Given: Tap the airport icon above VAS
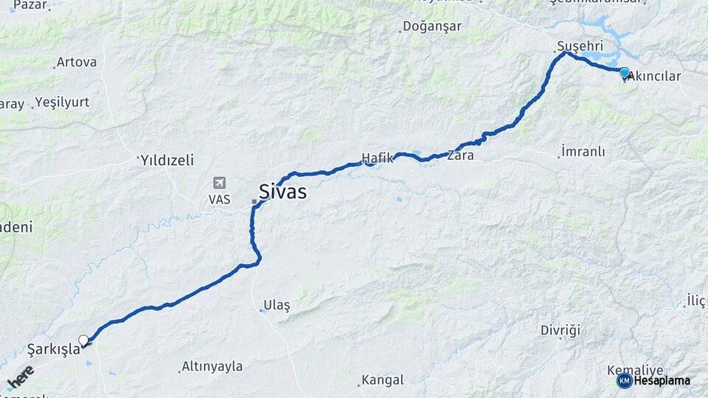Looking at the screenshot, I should coord(219,183).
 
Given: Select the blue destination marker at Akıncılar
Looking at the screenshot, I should coord(625,72).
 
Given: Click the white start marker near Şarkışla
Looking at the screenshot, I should coord(83,340).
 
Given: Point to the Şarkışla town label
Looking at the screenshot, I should coord(53,349).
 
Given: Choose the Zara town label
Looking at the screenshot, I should coord(460,156).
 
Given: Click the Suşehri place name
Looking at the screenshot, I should coord(574,46).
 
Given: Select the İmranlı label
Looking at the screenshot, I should coord(583,151).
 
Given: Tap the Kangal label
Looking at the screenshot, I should coord(383,380).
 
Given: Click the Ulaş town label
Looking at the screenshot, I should coord(277,305).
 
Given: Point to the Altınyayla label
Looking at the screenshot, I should coord(212,366).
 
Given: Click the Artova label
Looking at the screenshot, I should coord(76,62).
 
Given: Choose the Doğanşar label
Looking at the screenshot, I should coord(431,27).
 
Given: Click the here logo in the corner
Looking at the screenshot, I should coord(20,377).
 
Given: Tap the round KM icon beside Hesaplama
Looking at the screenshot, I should coord(624,380).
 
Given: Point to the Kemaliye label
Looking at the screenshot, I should coord(635,369).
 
